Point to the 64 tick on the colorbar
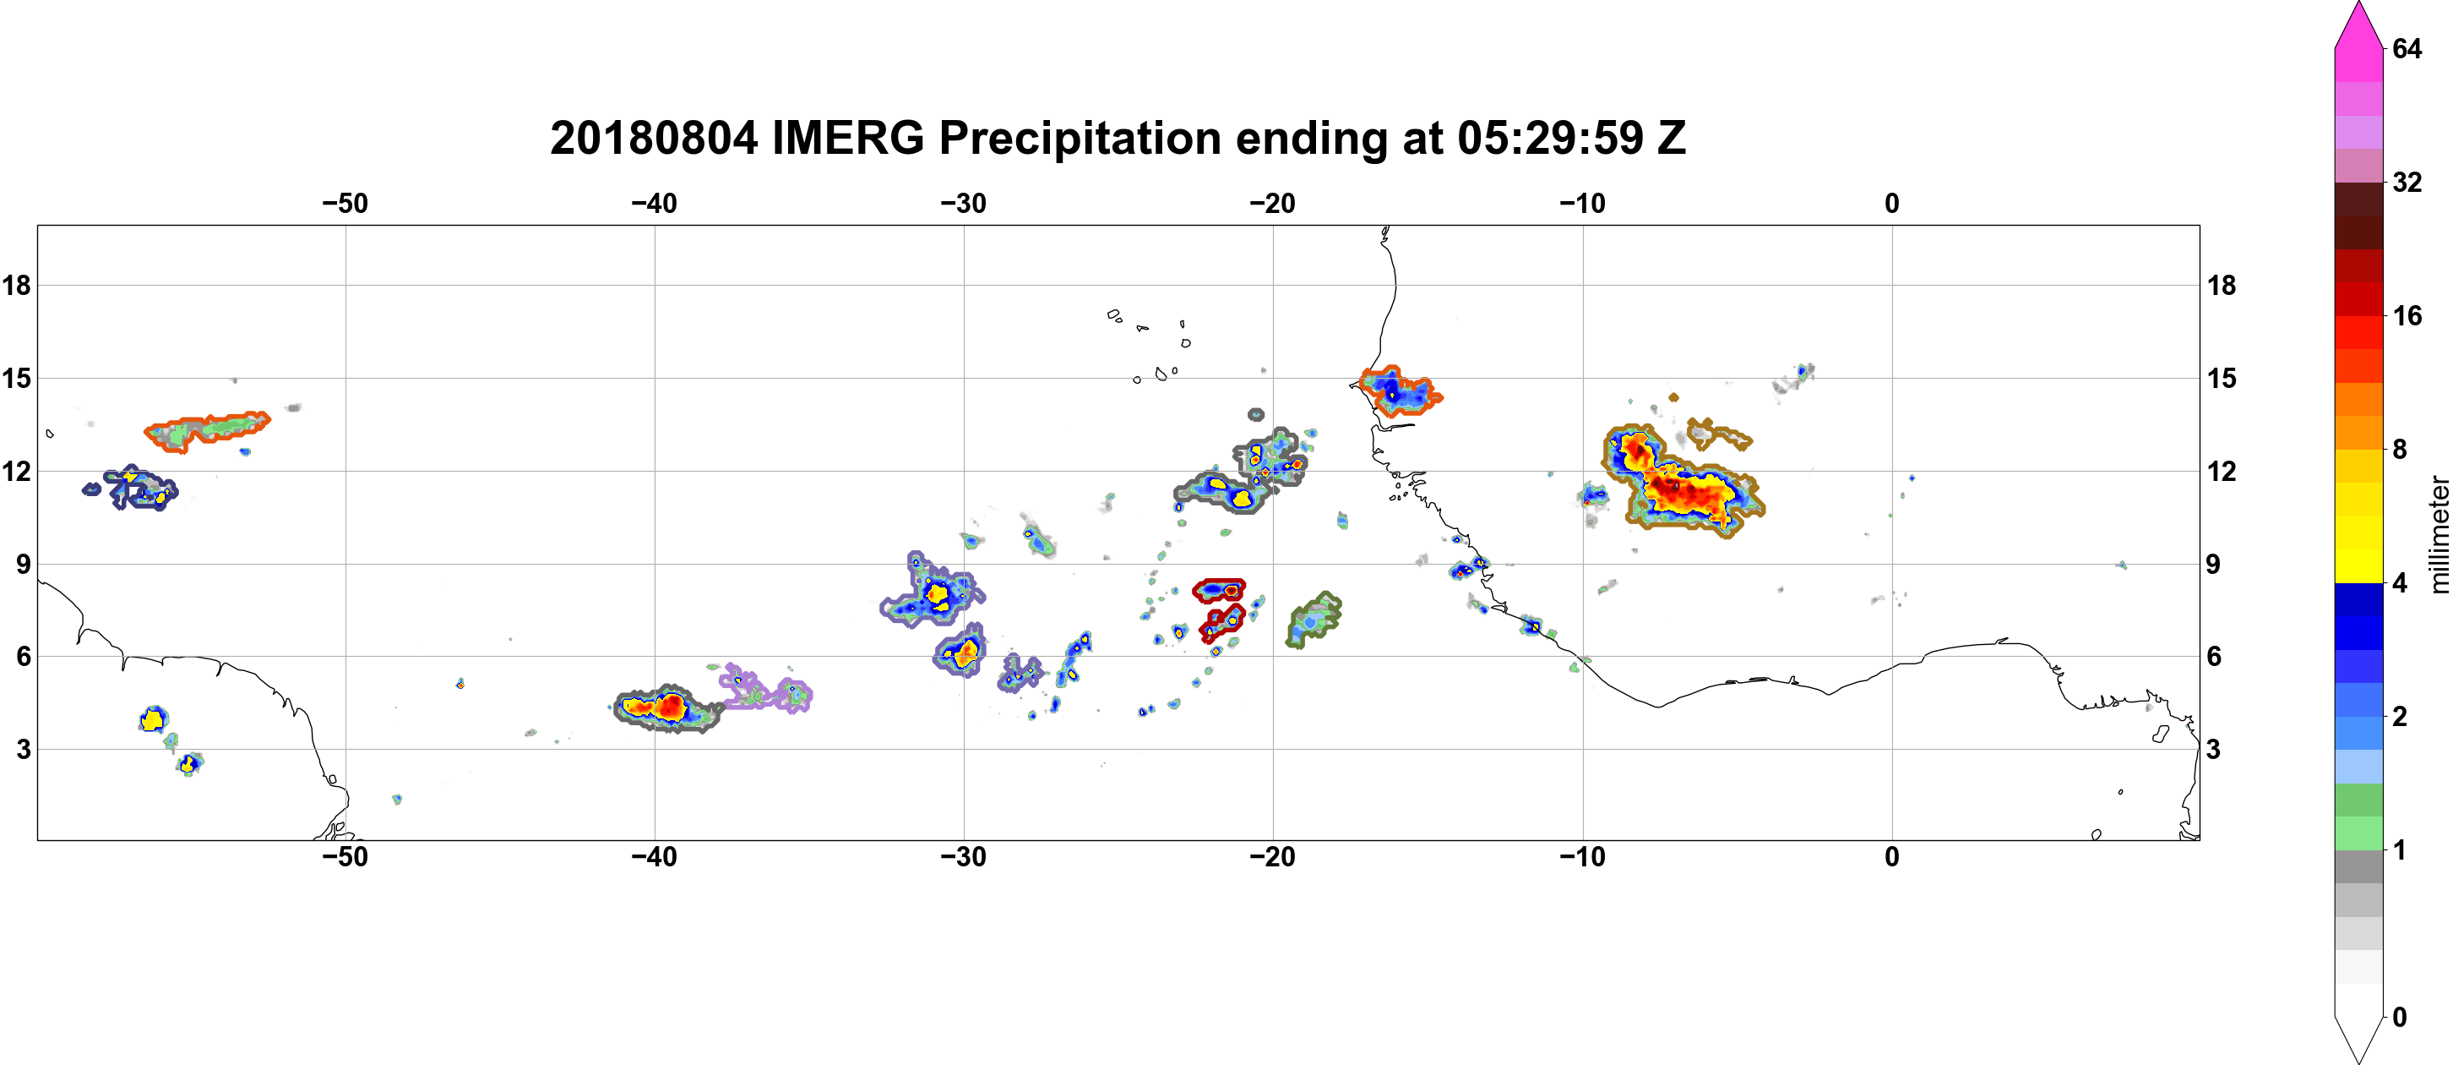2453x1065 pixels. pos(2407,48)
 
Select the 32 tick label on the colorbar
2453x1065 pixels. pos(2407,182)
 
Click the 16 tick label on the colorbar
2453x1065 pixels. pos(2407,316)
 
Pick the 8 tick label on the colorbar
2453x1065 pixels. pos(2400,450)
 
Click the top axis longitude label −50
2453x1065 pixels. pos(345,204)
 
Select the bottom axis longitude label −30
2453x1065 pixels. pos(964,857)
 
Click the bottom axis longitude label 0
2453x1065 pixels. pos(1892,857)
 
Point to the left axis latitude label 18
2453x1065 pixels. pos(16,285)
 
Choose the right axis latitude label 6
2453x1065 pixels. pos(2214,657)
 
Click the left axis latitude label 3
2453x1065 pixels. pos(23,750)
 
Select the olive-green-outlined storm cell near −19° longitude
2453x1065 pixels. pos(1314,620)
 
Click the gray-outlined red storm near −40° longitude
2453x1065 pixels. pos(666,707)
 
